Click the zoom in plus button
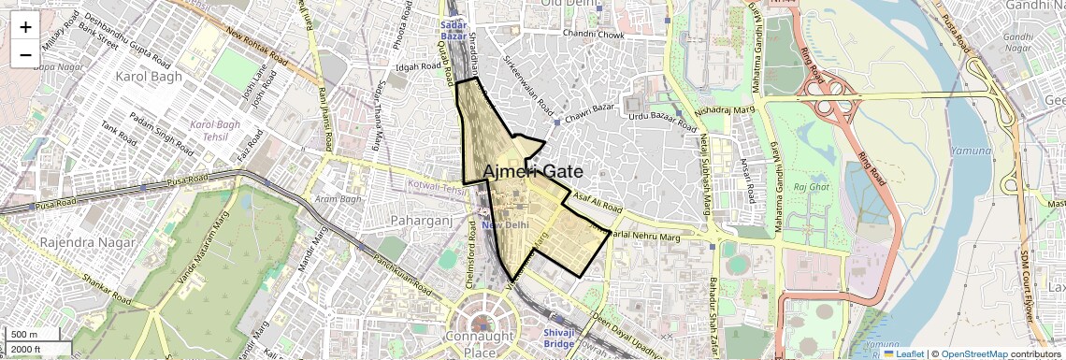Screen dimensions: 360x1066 pyautogui.click(x=25, y=26)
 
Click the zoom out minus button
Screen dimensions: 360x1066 pyautogui.click(x=25, y=54)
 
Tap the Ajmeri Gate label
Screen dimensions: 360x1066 pyautogui.click(x=533, y=172)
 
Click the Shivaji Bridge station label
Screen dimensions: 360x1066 pyautogui.click(x=558, y=338)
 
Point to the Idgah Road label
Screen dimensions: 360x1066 pyautogui.click(x=418, y=67)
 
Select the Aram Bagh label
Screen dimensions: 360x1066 pyautogui.click(x=338, y=199)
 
